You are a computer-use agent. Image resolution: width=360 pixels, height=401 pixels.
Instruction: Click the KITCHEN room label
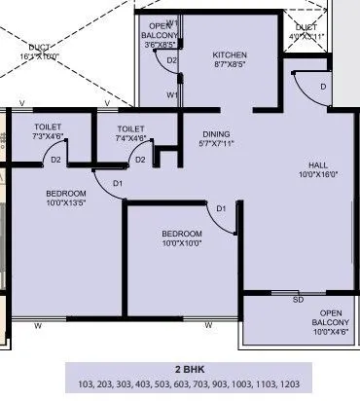pyautogui.click(x=230, y=55)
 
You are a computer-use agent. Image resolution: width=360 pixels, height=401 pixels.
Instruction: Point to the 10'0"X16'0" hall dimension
pyautogui.click(x=319, y=176)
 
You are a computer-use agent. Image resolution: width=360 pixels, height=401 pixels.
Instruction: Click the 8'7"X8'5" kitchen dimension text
pyautogui.click(x=230, y=66)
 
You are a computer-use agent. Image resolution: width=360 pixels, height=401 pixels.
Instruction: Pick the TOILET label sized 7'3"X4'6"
pyautogui.click(x=48, y=128)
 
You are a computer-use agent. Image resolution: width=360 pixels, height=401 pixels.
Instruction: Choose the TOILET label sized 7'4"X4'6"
pyautogui.click(x=130, y=128)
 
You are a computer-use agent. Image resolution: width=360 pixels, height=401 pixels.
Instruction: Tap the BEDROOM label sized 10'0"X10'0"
pyautogui.click(x=182, y=234)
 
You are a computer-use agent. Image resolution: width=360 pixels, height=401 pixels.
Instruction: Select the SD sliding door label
pyautogui.click(x=299, y=300)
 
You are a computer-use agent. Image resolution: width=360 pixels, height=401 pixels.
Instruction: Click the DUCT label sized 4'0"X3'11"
pyautogui.click(x=306, y=27)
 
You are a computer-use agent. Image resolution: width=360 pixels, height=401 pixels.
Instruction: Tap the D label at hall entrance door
pyautogui.click(x=322, y=86)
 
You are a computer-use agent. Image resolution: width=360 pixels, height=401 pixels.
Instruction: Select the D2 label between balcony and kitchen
pyautogui.click(x=172, y=60)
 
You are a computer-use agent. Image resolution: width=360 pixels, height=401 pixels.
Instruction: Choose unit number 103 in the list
pyautogui.click(x=89, y=385)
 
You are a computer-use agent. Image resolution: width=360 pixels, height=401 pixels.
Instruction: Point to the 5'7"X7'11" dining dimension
pyautogui.click(x=217, y=144)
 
